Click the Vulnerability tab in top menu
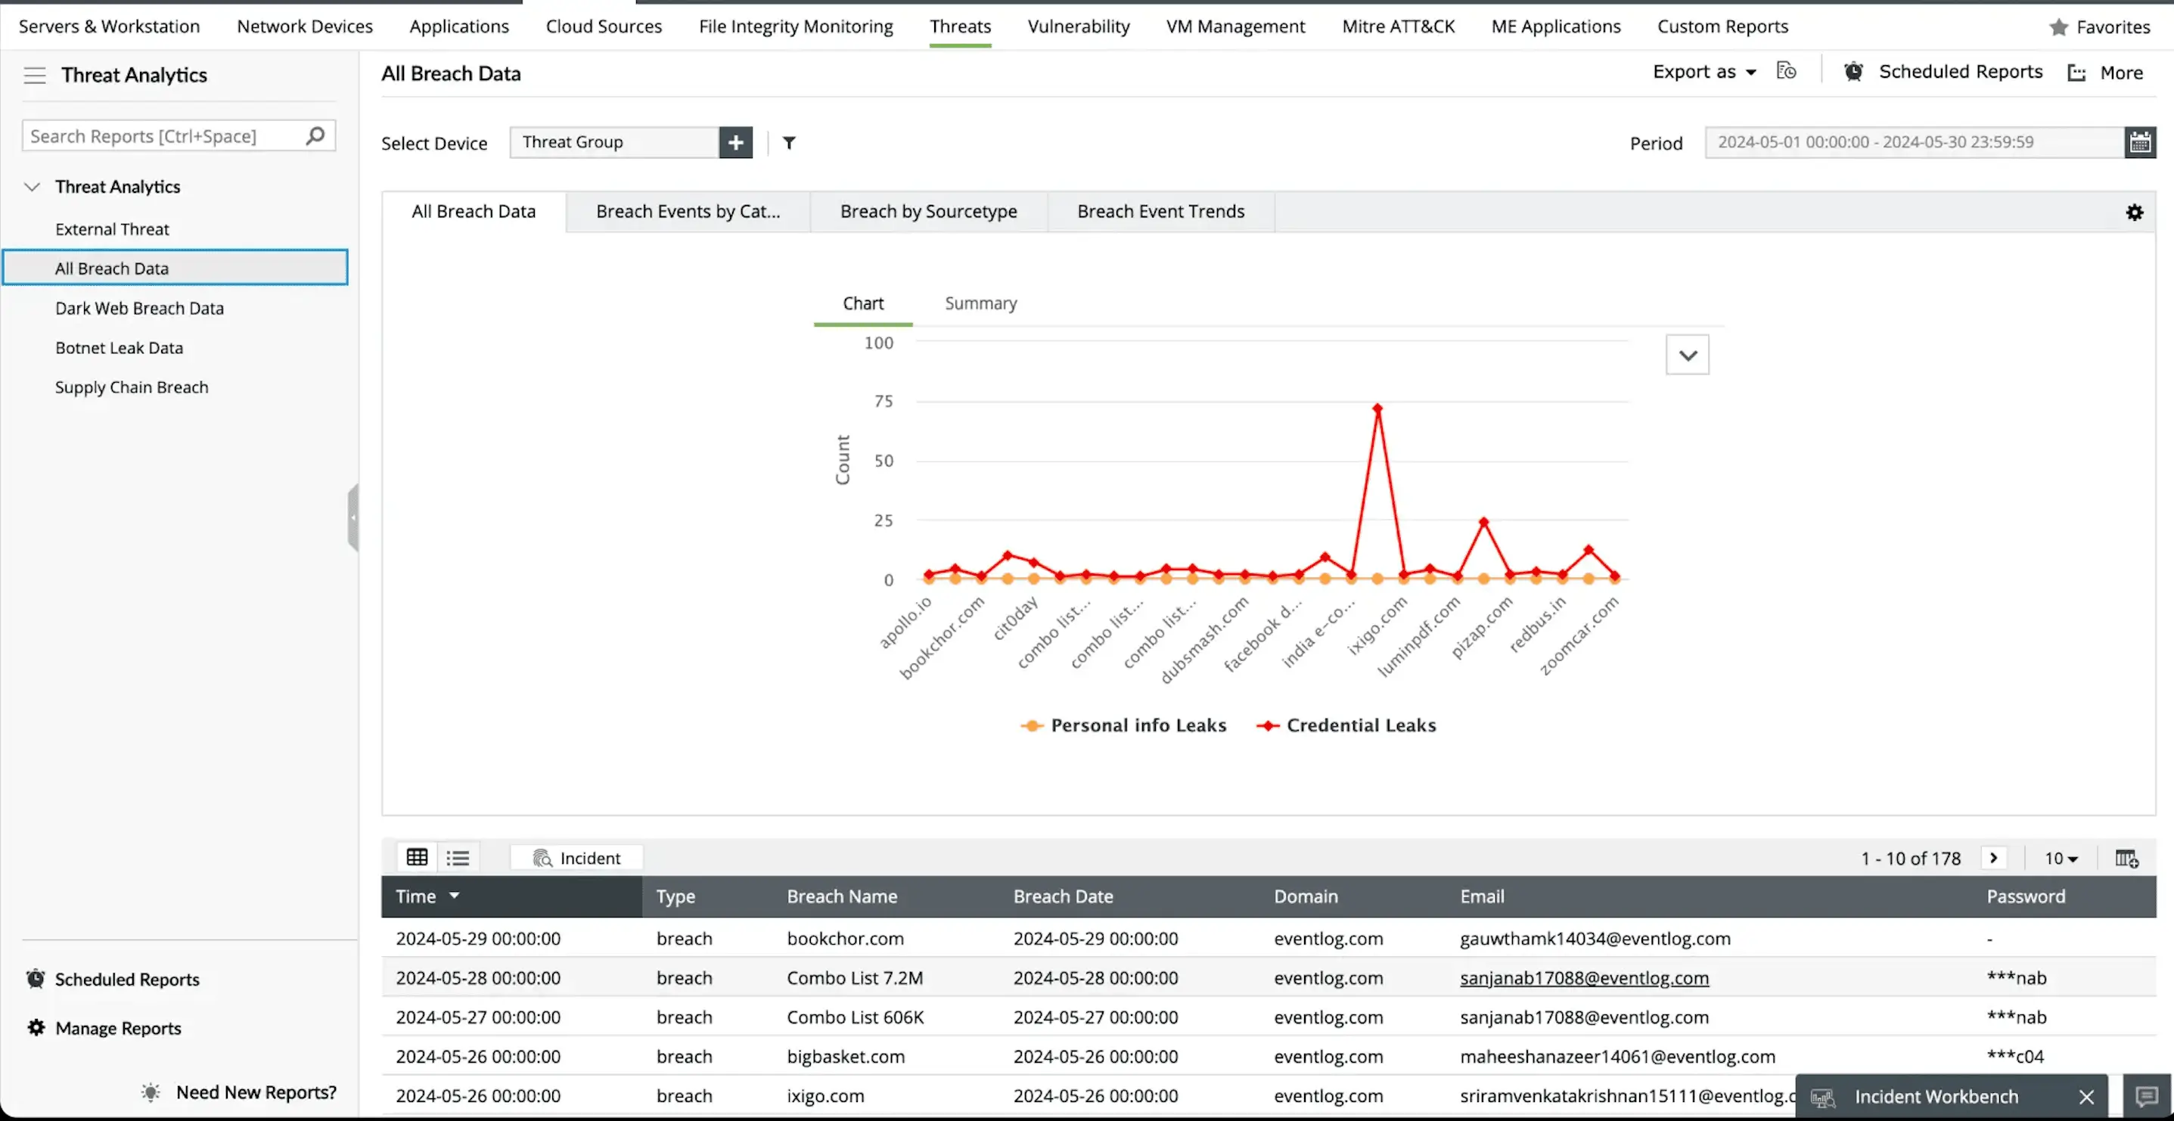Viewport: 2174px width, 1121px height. [1078, 26]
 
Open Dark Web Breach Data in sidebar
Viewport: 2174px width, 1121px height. [139, 308]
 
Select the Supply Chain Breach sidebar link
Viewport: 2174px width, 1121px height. [132, 387]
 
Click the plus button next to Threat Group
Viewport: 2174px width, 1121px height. [735, 143]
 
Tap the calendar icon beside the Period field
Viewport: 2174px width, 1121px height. [2139, 143]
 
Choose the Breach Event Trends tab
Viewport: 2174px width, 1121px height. [1160, 212]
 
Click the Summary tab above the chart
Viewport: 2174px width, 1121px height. [980, 304]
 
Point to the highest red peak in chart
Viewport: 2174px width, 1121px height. [1377, 408]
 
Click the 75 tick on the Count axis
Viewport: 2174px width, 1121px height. [883, 402]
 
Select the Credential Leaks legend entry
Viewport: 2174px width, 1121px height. [1359, 725]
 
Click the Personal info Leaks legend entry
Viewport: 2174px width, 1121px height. [1137, 725]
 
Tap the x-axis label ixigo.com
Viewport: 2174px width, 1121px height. [1377, 626]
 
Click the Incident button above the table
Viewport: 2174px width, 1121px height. [577, 858]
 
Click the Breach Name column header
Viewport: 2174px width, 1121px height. [841, 896]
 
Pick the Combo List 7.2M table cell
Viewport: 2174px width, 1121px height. [854, 977]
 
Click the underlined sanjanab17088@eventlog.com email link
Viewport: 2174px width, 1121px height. [1583, 977]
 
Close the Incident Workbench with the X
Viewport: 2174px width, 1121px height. [2085, 1097]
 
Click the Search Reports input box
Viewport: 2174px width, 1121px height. [165, 136]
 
